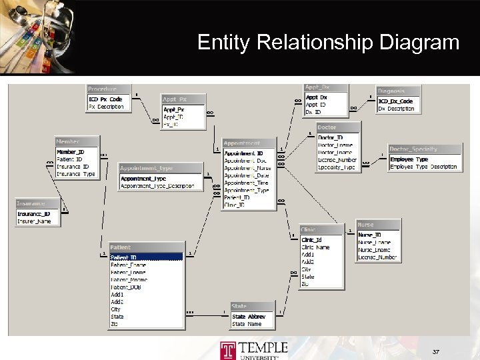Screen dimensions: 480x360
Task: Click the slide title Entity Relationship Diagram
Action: point(328,43)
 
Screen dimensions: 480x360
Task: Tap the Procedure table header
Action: point(102,89)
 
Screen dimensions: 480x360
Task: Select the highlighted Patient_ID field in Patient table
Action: point(123,257)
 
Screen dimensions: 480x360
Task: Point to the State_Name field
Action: point(247,324)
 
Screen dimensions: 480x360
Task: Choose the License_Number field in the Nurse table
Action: point(377,257)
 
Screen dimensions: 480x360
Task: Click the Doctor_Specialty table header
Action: point(413,149)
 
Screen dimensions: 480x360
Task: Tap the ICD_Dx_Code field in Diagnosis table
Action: point(395,101)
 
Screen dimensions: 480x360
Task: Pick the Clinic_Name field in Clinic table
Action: point(315,247)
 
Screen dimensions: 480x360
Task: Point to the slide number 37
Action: point(436,351)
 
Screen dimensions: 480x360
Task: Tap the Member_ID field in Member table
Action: point(70,152)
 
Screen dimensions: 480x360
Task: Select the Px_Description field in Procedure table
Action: point(106,107)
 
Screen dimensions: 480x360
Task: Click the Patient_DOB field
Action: point(125,287)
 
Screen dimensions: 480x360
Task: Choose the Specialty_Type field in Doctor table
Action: point(336,167)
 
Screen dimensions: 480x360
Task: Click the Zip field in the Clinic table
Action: point(305,283)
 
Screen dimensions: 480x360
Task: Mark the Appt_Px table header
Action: point(175,99)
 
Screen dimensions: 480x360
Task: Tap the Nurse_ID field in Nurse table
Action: point(369,235)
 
